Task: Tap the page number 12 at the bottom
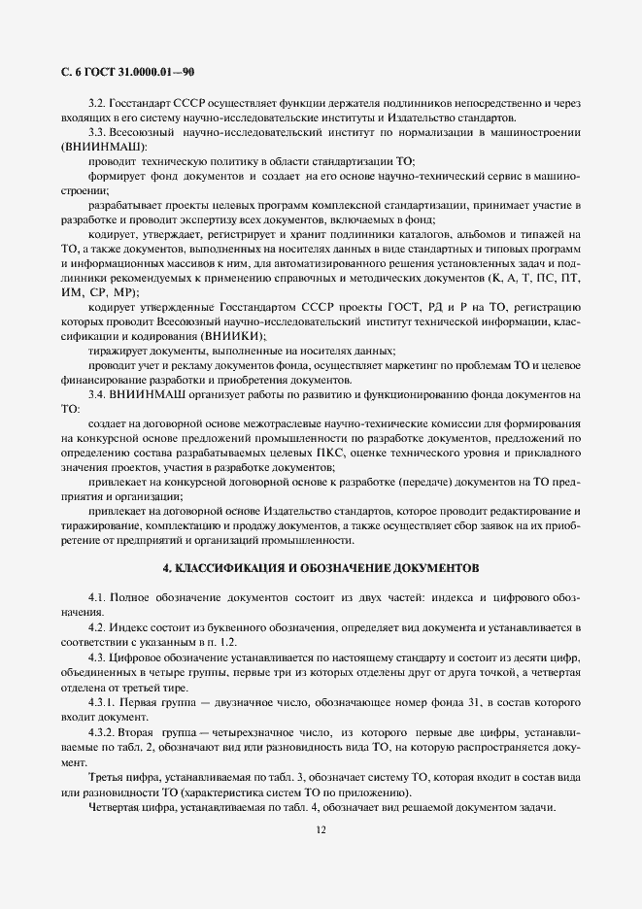coord(321,829)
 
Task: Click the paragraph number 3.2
coord(97,102)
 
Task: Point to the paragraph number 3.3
coord(97,131)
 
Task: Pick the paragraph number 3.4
coord(97,394)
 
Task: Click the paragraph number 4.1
coord(97,594)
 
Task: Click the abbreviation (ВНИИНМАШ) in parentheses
coord(97,146)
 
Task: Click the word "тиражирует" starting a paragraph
coord(118,351)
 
